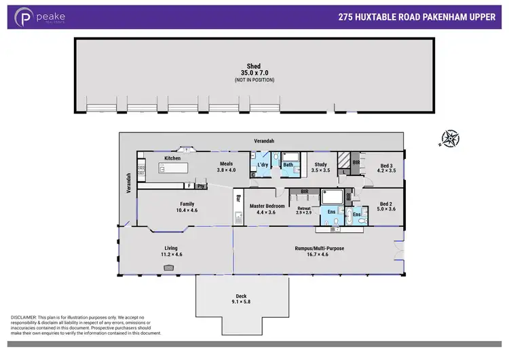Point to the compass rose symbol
point(449,139)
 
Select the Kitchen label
point(172,158)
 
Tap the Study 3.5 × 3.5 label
point(320,167)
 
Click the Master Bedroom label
point(266,209)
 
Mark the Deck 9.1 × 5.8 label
point(241,299)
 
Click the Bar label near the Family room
point(238,199)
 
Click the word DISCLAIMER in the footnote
point(25,318)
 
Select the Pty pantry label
point(201,185)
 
